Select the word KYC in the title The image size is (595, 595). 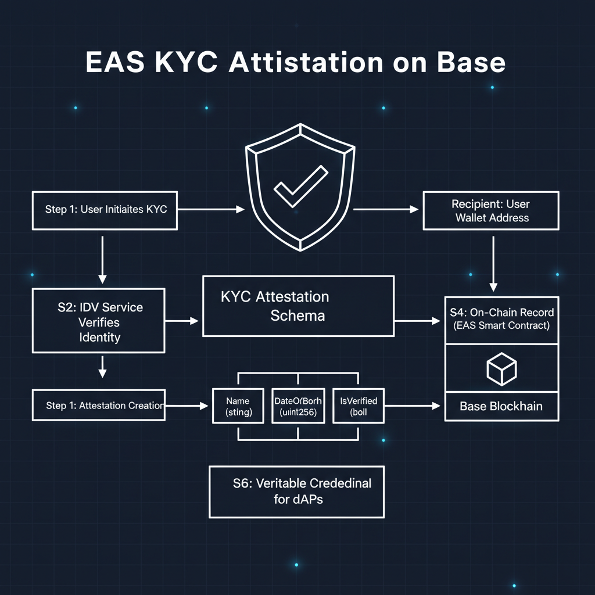[x=186, y=63]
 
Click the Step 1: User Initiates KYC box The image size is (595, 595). [x=105, y=209]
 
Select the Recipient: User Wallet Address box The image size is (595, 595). [x=492, y=211]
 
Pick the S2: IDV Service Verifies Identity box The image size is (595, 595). [x=99, y=321]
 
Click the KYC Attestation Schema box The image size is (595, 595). [x=297, y=306]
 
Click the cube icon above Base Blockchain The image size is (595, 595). [x=501, y=368]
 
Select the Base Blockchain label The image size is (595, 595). [x=501, y=406]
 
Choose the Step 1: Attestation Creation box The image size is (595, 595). [x=98, y=405]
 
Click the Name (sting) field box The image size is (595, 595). [x=238, y=406]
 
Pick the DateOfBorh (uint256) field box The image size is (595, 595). [x=298, y=406]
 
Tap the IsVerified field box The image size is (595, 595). [x=359, y=406]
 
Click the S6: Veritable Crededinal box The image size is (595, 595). [x=296, y=491]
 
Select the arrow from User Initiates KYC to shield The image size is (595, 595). [x=210, y=209]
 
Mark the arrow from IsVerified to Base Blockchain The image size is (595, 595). [x=412, y=406]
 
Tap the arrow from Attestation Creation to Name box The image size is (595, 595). [x=187, y=406]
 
